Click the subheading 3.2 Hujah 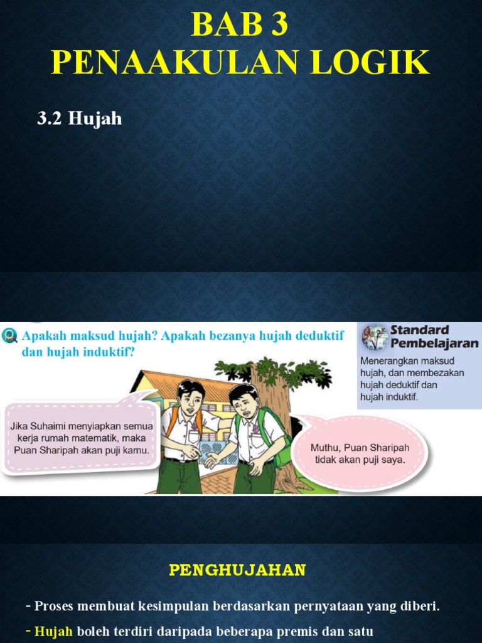click(x=79, y=118)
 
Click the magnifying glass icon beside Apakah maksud click(x=10, y=336)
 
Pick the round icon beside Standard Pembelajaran click(x=375, y=337)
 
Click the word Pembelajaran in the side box click(x=434, y=343)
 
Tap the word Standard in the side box click(x=419, y=330)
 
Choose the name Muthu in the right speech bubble click(x=326, y=447)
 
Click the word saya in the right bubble click(x=393, y=459)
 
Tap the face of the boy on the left click(x=190, y=399)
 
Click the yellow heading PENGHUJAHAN click(x=237, y=570)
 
